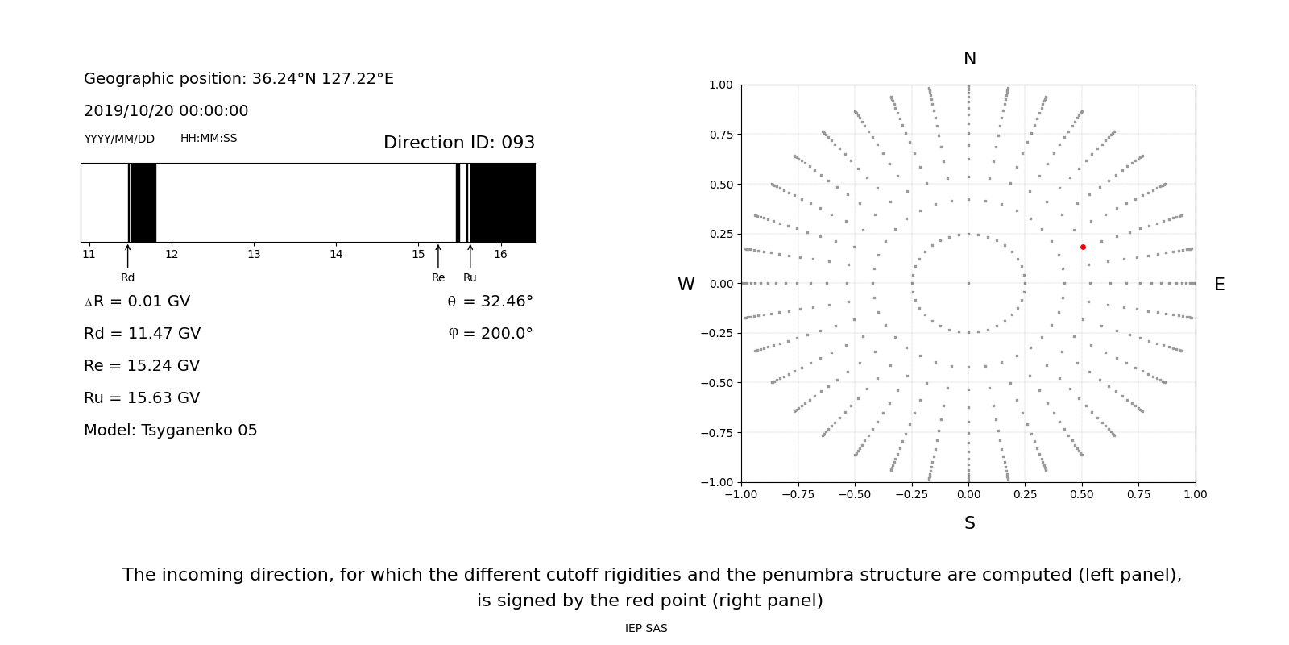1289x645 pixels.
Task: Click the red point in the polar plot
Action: click(x=1083, y=247)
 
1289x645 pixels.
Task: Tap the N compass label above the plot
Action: click(x=970, y=59)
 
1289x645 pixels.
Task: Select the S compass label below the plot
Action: click(x=970, y=523)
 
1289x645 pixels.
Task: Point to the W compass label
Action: click(x=686, y=285)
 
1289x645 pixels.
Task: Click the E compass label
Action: click(x=1219, y=285)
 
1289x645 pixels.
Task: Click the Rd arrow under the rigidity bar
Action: click(x=127, y=256)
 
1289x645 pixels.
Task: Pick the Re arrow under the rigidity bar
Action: click(x=438, y=256)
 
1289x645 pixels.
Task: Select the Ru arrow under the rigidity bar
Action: click(x=470, y=256)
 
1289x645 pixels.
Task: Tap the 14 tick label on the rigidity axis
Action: click(x=336, y=255)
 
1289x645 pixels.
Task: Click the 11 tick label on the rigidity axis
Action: click(x=89, y=255)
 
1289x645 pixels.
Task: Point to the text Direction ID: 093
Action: click(x=459, y=143)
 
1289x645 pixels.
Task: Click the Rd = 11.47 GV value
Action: click(x=142, y=334)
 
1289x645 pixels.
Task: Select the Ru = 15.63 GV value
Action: click(x=142, y=398)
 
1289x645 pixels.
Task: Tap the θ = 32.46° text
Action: click(x=490, y=302)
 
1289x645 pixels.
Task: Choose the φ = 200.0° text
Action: click(x=490, y=334)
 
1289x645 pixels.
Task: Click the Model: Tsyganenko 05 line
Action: click(x=171, y=431)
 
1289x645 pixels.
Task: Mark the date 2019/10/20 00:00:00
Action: click(x=166, y=111)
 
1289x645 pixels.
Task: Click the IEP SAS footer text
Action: click(x=646, y=629)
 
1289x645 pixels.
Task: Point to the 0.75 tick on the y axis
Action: click(x=720, y=135)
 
